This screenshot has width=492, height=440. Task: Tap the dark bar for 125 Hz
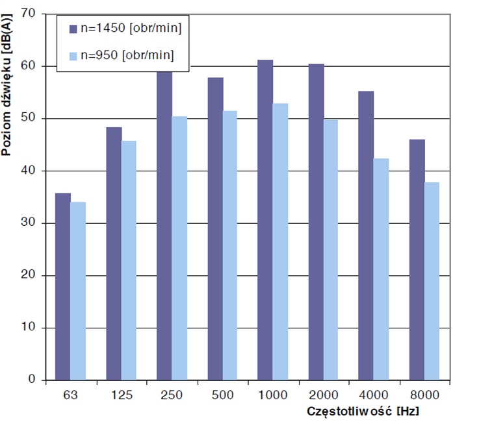114,253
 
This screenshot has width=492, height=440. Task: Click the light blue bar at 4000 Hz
381,269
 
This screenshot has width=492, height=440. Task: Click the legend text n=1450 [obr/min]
129,29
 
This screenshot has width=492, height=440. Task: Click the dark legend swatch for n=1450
73,29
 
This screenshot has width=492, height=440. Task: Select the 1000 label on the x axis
273,395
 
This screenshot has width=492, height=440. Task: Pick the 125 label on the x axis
122,395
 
